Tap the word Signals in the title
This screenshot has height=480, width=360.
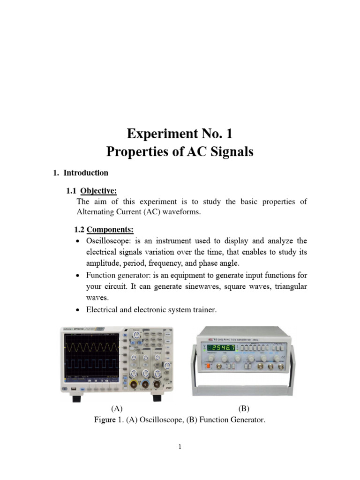pos(230,152)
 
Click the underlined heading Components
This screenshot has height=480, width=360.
pos(110,230)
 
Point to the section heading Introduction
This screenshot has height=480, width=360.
pos(86,172)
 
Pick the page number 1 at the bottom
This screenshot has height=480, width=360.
pos(180,447)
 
